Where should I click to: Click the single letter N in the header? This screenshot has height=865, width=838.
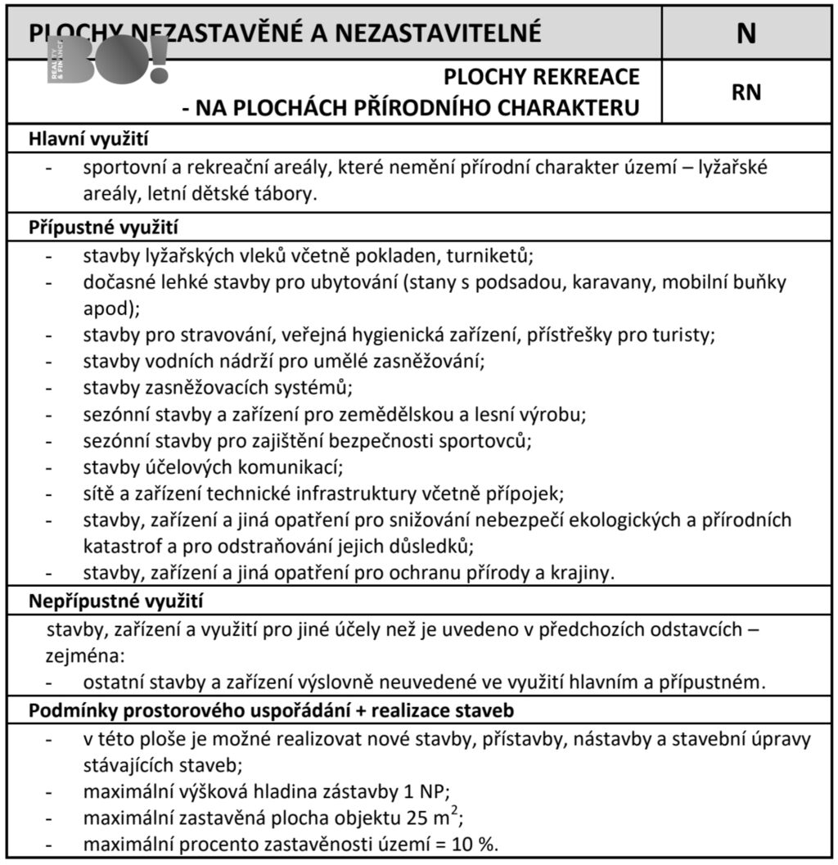[746, 33]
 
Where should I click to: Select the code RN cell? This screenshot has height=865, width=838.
[746, 92]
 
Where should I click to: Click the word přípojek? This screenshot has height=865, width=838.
[529, 493]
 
